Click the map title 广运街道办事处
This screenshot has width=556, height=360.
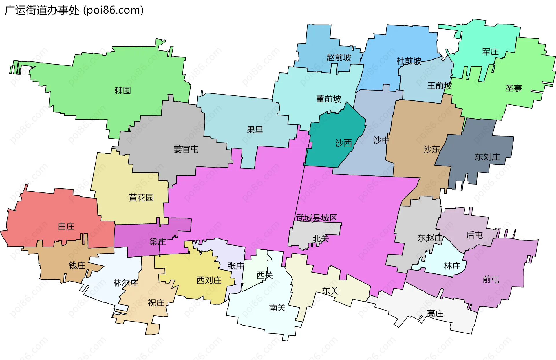click(x=42, y=10)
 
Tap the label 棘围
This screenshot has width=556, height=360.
click(x=122, y=91)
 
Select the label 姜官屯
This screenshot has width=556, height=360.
click(x=186, y=149)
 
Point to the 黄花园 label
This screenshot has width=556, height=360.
click(x=141, y=198)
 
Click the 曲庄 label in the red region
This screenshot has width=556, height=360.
click(x=66, y=226)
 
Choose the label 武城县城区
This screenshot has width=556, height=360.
click(x=317, y=218)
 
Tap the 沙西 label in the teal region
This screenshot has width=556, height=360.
click(x=343, y=143)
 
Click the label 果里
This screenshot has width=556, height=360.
click(x=255, y=130)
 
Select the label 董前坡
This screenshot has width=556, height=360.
click(x=328, y=99)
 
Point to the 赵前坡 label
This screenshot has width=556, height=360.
click(x=339, y=58)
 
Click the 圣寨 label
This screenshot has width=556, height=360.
click(x=513, y=88)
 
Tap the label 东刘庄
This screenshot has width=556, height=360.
click(x=487, y=157)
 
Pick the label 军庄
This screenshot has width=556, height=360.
click(x=490, y=52)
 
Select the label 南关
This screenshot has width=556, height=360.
click(x=277, y=308)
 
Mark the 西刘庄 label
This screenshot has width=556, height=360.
click(x=209, y=280)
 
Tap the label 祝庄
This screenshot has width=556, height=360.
click(x=156, y=303)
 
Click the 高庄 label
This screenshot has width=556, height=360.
click(x=435, y=313)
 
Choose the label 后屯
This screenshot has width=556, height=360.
click(x=474, y=235)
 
